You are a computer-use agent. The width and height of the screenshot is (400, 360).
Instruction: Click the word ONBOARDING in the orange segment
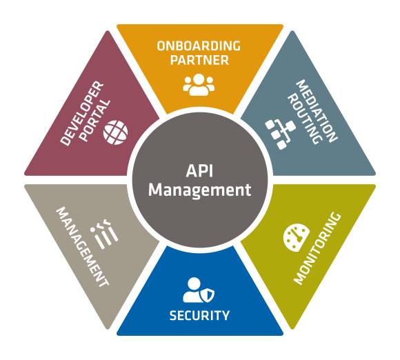click(199, 46)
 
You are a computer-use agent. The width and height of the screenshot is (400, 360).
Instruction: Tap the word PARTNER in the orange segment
click(199, 60)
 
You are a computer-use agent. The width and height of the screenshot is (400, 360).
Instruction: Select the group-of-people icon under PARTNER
click(199, 85)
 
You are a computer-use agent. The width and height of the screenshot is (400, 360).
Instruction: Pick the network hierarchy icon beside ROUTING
click(280, 134)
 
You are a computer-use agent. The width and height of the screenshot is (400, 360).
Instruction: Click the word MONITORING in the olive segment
click(317, 248)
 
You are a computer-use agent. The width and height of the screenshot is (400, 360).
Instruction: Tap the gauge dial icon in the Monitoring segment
click(297, 238)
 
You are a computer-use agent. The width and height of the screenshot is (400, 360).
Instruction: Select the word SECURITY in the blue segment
click(199, 315)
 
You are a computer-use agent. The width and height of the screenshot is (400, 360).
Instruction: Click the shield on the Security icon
click(209, 295)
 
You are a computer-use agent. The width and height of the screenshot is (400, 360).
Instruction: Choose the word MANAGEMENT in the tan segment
click(82, 246)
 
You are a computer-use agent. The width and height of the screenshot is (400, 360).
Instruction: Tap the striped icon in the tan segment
click(104, 234)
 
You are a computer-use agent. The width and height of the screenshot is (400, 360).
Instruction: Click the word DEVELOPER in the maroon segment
click(82, 114)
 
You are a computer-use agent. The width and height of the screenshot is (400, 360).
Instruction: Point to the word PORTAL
click(95, 120)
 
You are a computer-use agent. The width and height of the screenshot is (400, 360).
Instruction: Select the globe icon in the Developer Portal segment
click(116, 132)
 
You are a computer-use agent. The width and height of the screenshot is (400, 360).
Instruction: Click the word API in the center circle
click(199, 170)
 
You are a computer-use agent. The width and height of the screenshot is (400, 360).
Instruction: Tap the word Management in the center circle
click(200, 190)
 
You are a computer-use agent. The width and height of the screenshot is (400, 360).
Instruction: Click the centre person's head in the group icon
click(199, 79)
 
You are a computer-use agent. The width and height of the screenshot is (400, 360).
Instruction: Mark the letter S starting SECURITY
click(173, 315)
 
